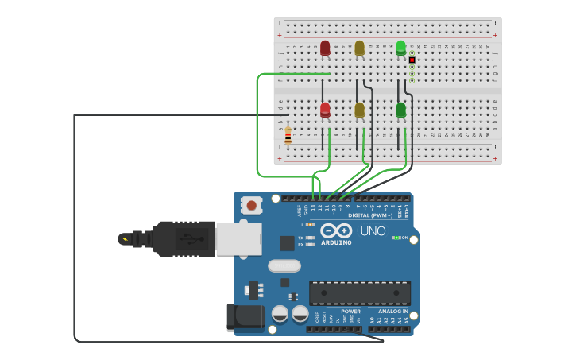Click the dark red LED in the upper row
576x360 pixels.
coord(325,48)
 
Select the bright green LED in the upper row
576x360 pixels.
coord(401,48)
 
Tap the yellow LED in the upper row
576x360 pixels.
coord(359,48)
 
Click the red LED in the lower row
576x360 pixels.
coord(325,110)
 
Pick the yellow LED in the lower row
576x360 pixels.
coord(359,110)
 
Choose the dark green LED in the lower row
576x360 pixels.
coord(400,110)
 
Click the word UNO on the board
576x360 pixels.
coord(373,231)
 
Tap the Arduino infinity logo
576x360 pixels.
coord(337,230)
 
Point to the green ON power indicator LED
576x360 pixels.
coord(396,238)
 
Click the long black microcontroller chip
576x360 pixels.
coord(359,292)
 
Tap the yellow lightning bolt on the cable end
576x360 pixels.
coord(123,238)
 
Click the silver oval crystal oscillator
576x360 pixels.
coord(284,265)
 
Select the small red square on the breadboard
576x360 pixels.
coord(412,60)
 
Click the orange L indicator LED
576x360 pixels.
coord(311,225)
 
